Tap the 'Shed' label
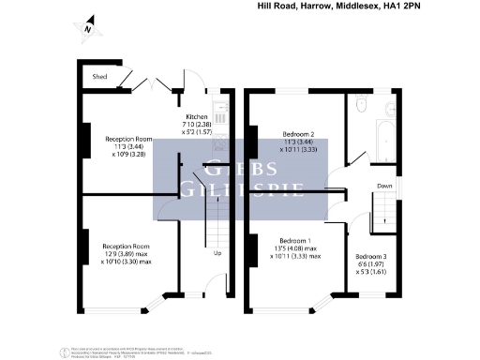(97, 77)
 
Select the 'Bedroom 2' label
(297, 134)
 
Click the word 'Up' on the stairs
(217, 253)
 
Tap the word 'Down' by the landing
(384, 186)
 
